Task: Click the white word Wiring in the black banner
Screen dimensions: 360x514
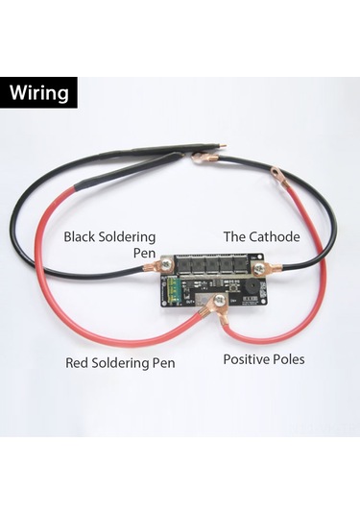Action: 40,93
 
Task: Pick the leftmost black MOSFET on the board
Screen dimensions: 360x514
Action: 183,262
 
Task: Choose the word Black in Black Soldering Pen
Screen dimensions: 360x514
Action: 81,235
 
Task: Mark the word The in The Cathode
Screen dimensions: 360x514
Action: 233,235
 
